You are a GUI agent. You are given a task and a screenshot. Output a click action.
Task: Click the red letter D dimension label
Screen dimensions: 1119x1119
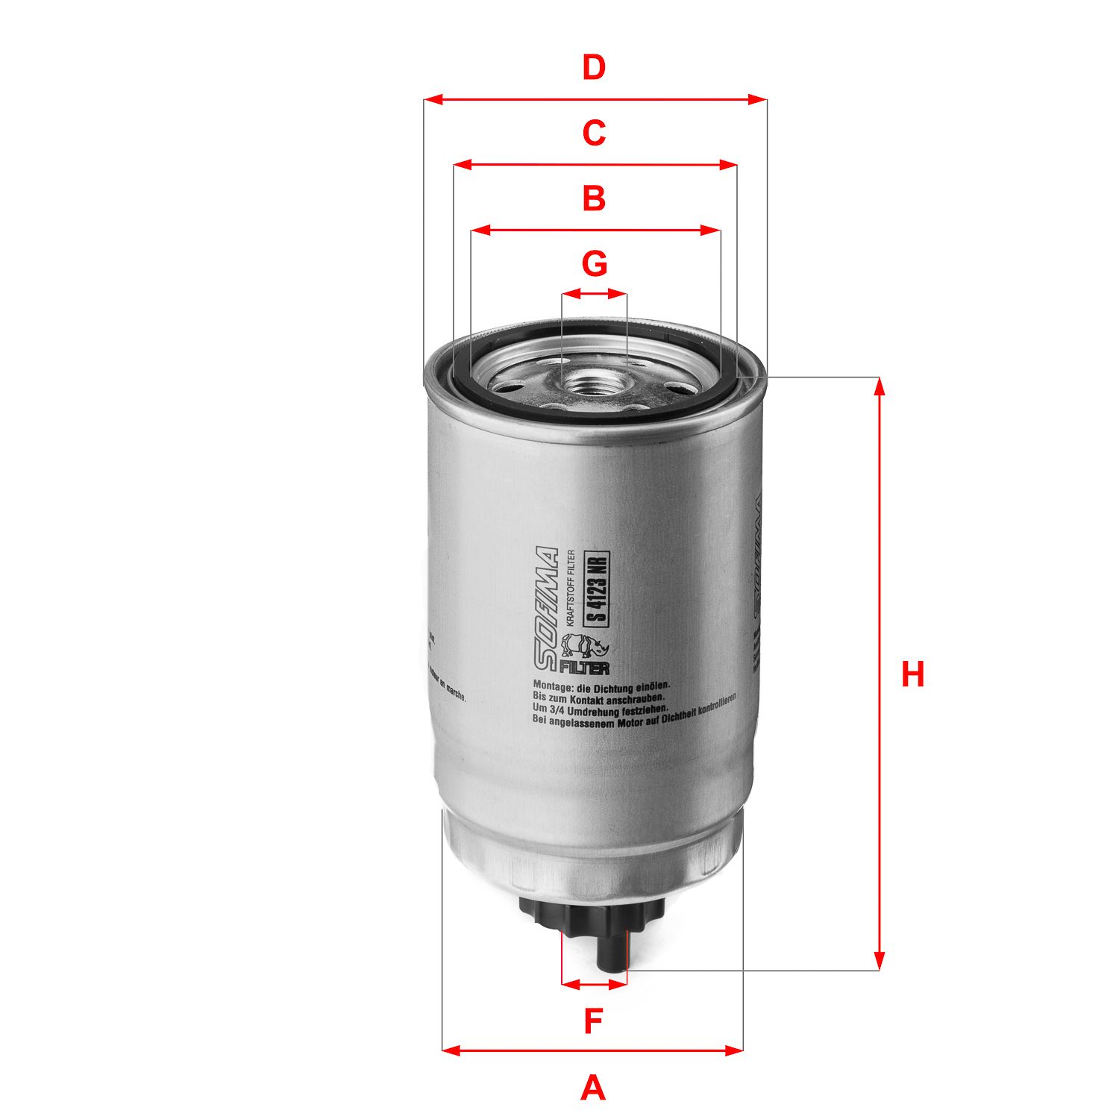click(x=594, y=68)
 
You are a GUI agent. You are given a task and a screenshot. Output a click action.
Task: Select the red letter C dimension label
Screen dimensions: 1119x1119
click(x=594, y=134)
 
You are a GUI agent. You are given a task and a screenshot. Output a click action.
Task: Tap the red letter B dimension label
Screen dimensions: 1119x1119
click(x=594, y=199)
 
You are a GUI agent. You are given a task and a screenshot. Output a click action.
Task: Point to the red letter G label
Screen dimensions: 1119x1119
click(x=594, y=264)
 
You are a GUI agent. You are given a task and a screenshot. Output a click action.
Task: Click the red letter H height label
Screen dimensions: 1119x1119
click(x=912, y=674)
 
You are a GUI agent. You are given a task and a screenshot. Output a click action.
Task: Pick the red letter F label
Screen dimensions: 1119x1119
click(x=593, y=1021)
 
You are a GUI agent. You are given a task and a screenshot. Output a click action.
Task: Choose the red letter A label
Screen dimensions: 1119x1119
click(x=593, y=1088)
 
